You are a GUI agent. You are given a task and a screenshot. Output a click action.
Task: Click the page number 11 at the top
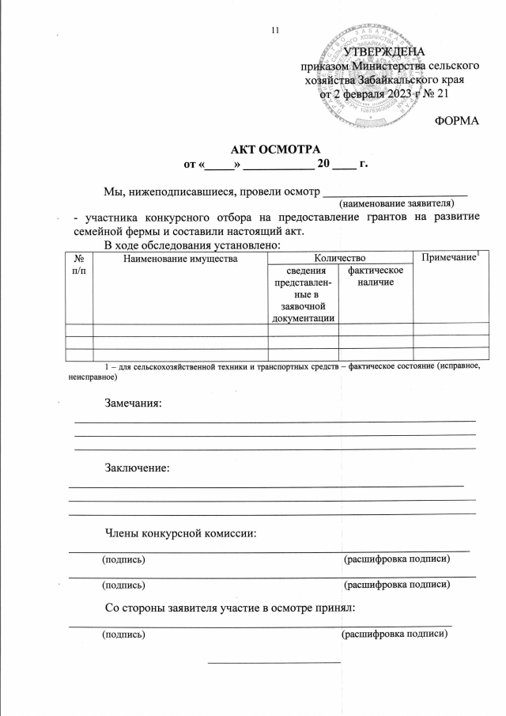[x=275, y=30]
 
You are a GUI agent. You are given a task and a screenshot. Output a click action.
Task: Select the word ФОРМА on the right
[x=458, y=120]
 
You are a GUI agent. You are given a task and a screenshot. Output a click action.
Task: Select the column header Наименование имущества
[x=180, y=258]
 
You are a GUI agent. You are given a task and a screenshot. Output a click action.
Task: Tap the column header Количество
[x=340, y=258]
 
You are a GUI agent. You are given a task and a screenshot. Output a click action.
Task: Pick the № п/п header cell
[x=78, y=264]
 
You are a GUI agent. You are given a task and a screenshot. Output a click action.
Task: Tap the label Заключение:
[x=137, y=468]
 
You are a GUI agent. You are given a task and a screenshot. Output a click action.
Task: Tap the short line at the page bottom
[x=274, y=660]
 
